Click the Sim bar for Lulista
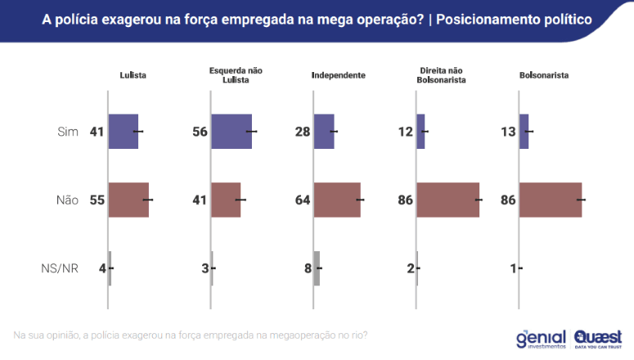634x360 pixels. point(124,131)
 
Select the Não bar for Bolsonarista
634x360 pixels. point(551,200)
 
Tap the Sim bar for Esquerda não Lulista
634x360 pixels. point(232,131)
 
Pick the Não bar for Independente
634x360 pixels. point(337,200)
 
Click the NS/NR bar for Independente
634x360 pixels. point(317,268)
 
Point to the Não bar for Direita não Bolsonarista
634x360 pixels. point(447,200)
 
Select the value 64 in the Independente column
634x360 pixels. point(300,200)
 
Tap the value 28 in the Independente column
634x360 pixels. point(300,132)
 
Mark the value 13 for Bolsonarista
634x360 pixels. point(506,132)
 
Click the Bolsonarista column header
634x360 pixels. point(544,75)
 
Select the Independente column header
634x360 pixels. point(338,75)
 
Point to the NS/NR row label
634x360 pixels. point(60,268)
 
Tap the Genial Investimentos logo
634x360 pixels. point(539,337)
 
